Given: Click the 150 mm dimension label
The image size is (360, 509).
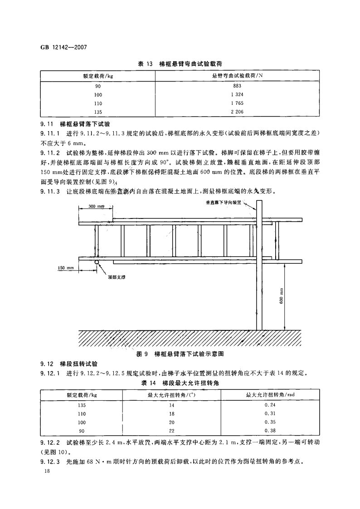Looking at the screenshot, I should click(x=66, y=268).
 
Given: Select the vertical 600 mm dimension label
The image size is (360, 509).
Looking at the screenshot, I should click(x=281, y=296).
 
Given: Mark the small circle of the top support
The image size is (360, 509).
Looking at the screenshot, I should click(x=97, y=262).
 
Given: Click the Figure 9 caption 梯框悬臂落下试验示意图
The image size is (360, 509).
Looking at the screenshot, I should click(x=181, y=353).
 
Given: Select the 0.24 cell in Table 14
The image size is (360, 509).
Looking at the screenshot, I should click(x=270, y=405).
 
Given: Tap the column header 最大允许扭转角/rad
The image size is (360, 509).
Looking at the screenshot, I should click(x=270, y=395).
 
